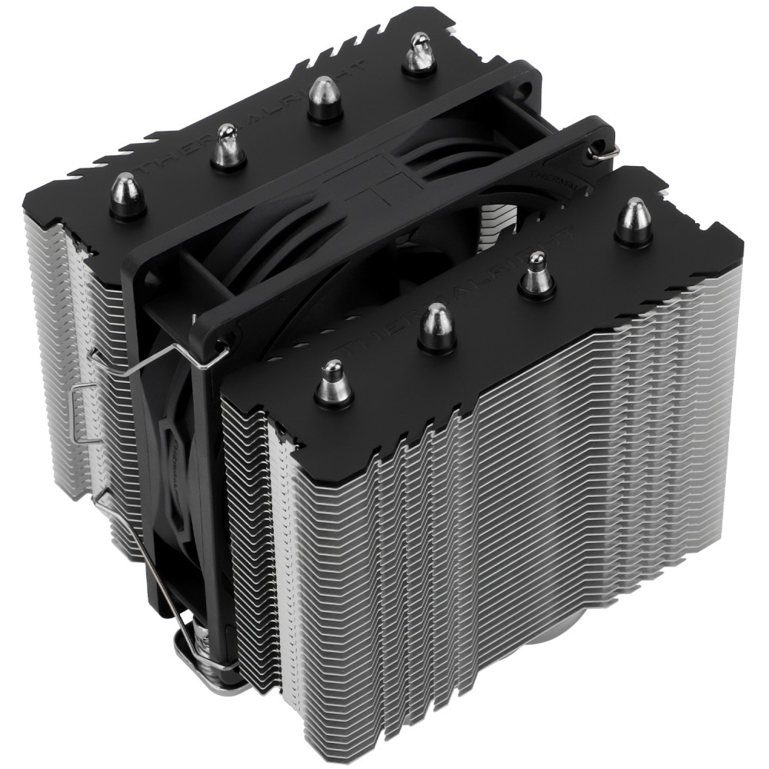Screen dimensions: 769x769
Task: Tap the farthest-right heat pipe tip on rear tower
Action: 419,52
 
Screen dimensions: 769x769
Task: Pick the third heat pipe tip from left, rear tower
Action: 325,98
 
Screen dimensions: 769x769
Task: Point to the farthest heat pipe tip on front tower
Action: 634,221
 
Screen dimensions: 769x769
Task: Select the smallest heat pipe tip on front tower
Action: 536,278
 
